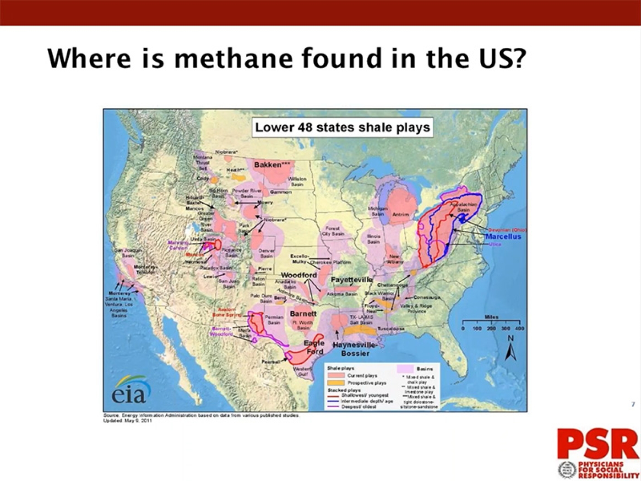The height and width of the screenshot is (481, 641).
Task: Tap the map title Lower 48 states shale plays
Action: [x=342, y=127]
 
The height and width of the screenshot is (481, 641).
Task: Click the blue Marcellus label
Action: [x=503, y=237]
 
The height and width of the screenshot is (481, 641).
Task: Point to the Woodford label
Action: [x=299, y=275]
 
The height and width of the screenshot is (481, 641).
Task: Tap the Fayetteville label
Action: [x=351, y=279]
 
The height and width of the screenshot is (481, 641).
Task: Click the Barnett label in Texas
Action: [x=303, y=314]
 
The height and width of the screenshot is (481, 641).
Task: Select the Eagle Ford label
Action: [x=314, y=347]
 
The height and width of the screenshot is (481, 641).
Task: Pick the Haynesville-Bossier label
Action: [x=355, y=349]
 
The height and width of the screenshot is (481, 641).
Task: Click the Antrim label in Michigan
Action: [x=401, y=214]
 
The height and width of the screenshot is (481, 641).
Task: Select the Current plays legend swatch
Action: [x=336, y=376]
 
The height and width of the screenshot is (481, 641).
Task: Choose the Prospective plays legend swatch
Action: [x=336, y=383]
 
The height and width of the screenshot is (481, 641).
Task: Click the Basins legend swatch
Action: [x=405, y=368]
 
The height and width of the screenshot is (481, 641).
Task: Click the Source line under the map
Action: [x=201, y=415]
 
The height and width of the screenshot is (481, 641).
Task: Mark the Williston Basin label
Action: [x=297, y=181]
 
